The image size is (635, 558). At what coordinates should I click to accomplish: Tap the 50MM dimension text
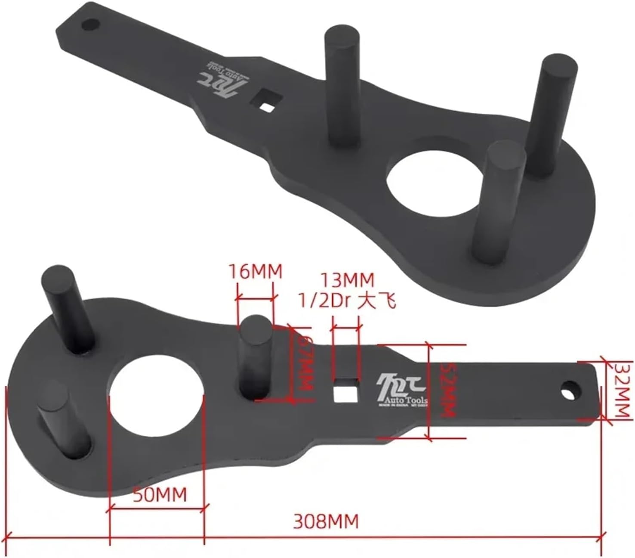(x=160, y=495)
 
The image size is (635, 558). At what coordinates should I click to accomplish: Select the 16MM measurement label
(x=255, y=272)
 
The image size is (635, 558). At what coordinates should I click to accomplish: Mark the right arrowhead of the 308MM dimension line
(x=603, y=536)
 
